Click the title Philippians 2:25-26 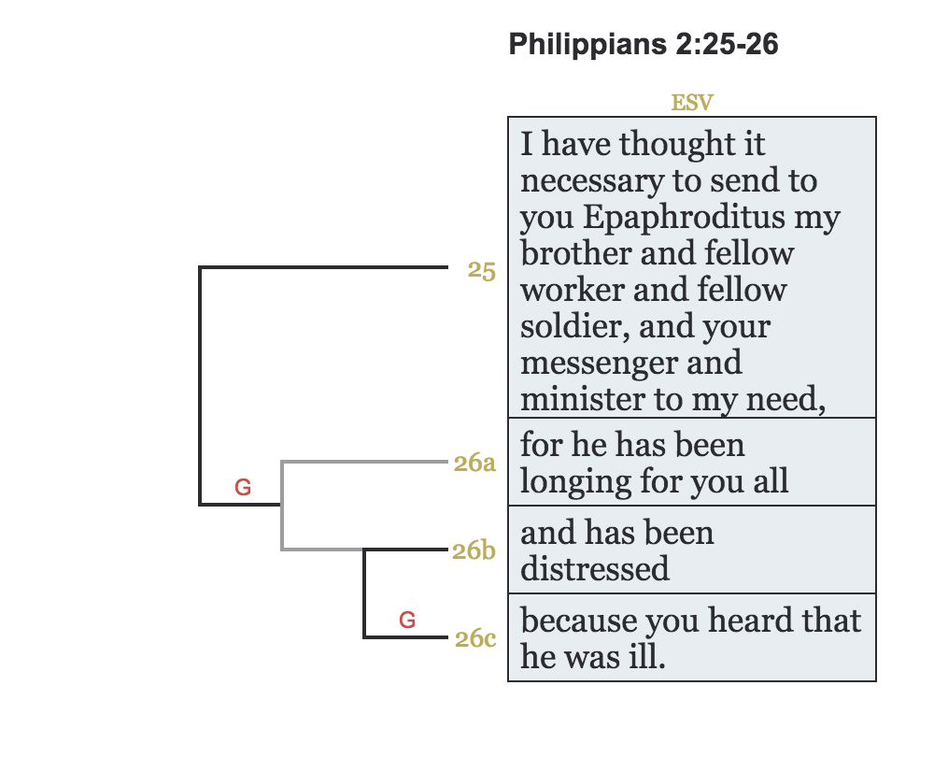tap(644, 44)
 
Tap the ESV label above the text tap(692, 103)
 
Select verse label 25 tap(482, 271)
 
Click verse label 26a tap(474, 463)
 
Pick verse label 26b tap(474, 550)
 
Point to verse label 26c tap(474, 639)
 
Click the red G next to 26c tap(407, 620)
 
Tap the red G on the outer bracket tap(243, 487)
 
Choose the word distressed tap(595, 569)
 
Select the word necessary tap(589, 181)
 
